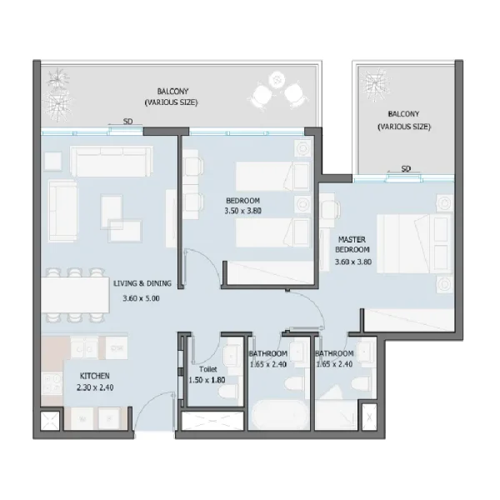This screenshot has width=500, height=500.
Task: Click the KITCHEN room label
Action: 85,376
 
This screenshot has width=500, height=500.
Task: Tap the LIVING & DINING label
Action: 142,283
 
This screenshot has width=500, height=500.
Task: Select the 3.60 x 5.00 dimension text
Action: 140,298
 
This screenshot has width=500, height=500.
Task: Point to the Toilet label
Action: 207,368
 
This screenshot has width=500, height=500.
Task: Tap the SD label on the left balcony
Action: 127,122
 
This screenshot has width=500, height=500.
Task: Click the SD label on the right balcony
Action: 406,168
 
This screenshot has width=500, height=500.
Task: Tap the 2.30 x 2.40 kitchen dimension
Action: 86,389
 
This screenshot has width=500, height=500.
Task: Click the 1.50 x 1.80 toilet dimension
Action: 207,380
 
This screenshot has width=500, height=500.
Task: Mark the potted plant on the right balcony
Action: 374,83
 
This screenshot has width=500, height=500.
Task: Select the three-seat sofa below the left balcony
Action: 112,161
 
